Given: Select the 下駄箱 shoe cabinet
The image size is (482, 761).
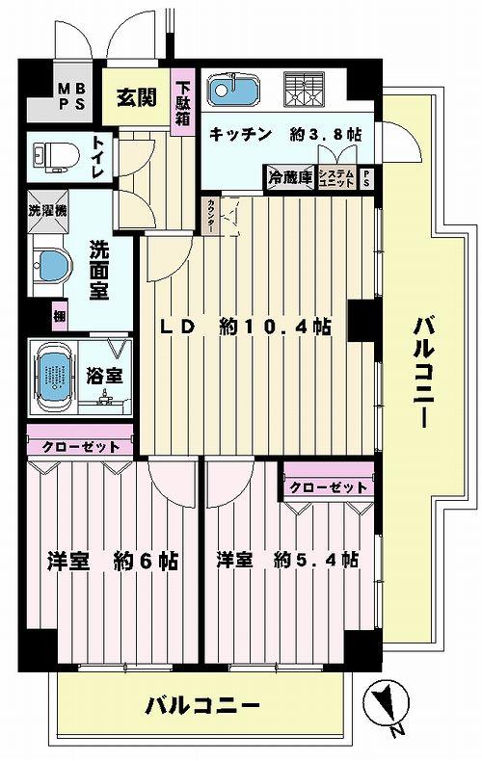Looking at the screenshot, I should click(x=183, y=101).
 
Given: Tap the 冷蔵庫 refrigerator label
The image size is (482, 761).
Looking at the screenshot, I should click(x=289, y=177).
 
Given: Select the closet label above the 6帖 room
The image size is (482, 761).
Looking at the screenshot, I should click(x=80, y=446).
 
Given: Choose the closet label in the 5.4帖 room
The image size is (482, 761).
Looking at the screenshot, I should click(x=328, y=486).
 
